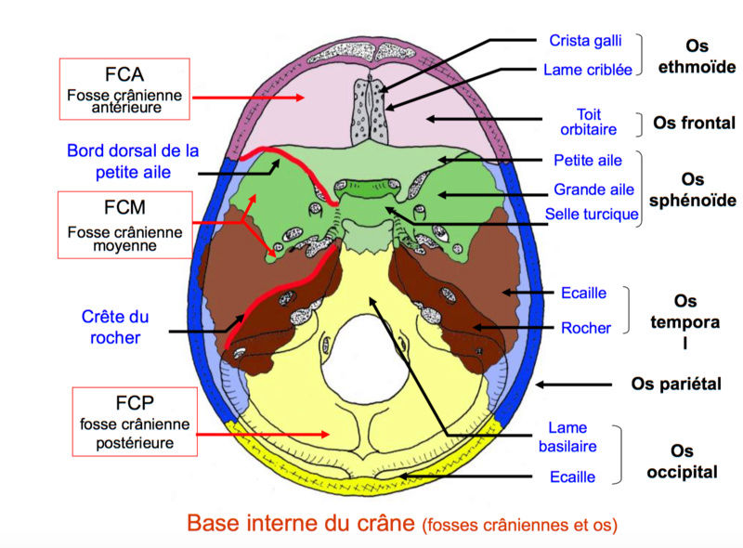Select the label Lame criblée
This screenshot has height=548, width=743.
pos(588,70)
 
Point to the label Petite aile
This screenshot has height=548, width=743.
pos(588,161)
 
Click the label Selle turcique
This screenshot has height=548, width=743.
pos(592,215)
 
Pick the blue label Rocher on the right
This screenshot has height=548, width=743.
pos(586,328)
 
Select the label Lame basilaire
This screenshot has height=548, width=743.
pos(567,437)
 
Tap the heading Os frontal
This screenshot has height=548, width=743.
pos(694,123)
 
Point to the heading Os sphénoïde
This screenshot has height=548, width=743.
pos(694,189)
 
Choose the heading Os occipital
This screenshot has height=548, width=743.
pos(682,462)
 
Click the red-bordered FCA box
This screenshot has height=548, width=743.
pos(124,88)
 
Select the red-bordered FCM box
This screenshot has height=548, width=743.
pos(124,225)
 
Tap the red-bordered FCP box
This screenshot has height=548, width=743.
pos(136,423)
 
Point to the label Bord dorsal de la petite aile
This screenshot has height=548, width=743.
pos(134,161)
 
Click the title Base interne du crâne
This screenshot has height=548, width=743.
pos(300,523)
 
